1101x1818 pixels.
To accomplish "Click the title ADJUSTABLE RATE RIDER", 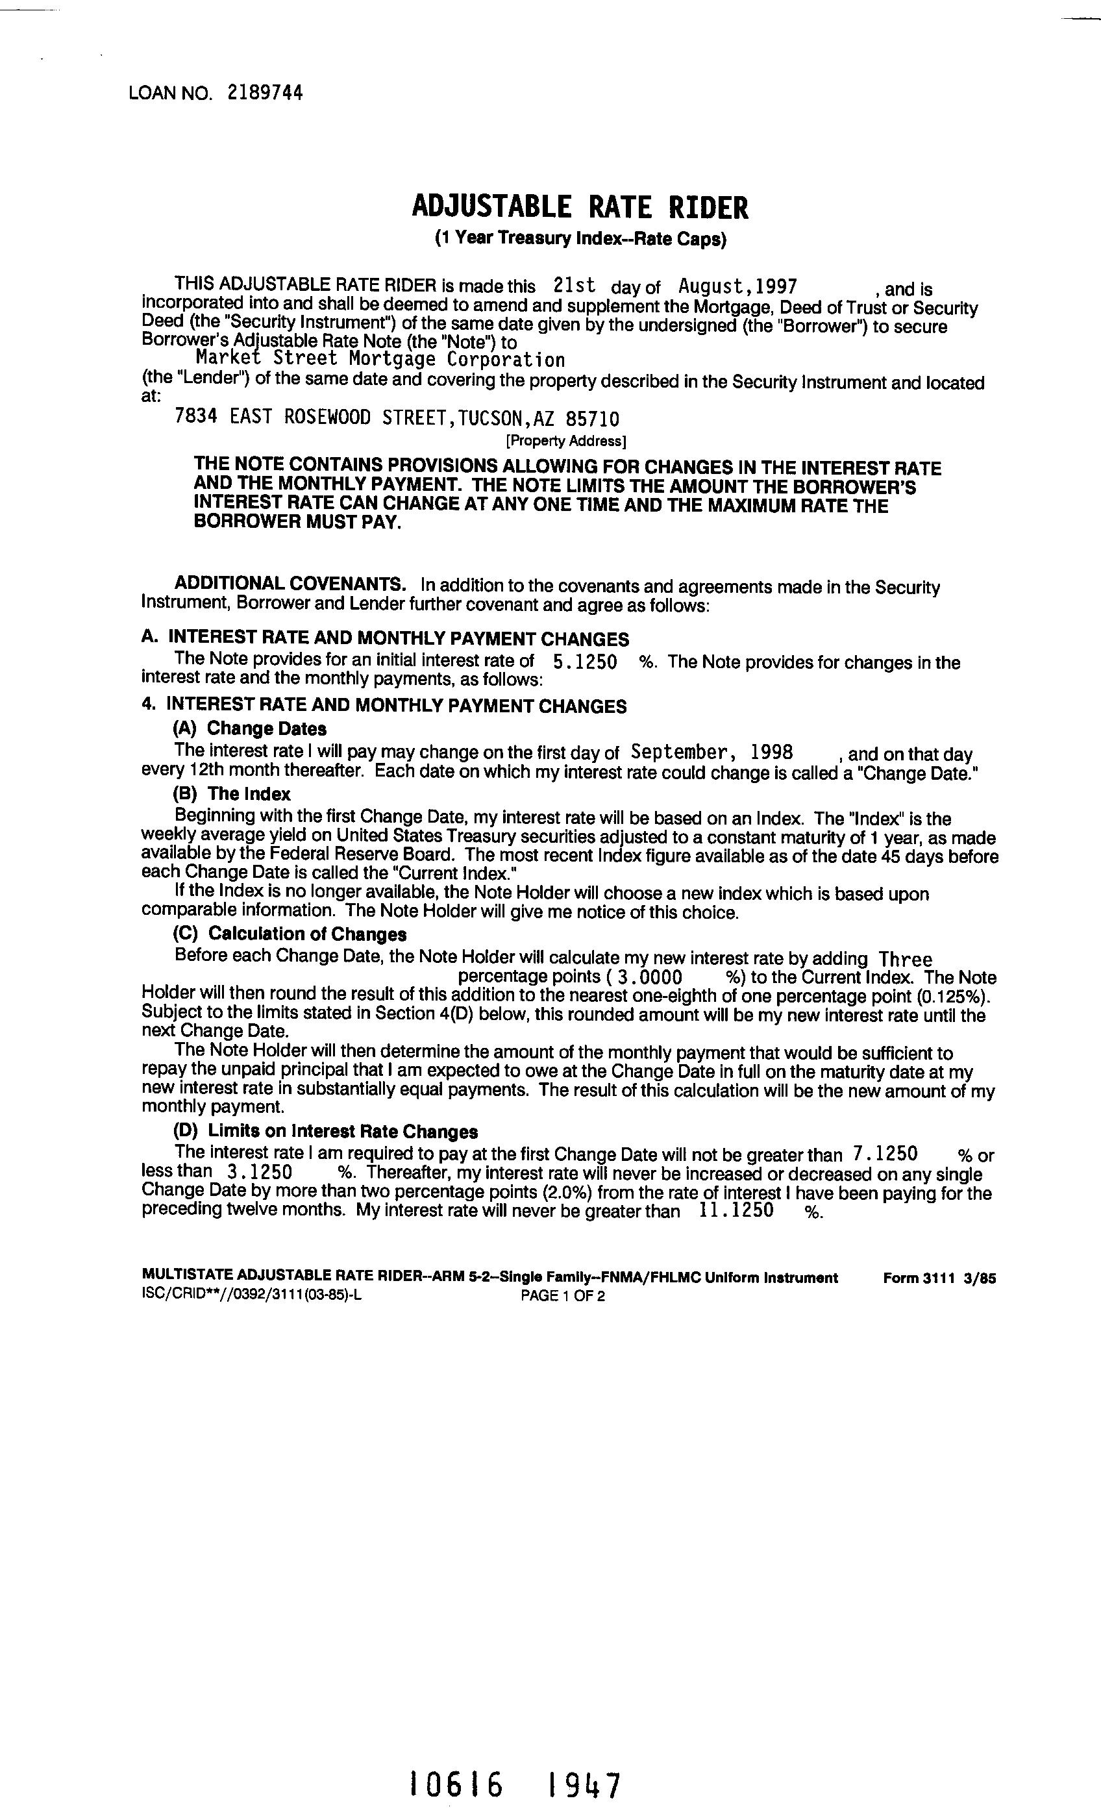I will [x=580, y=207].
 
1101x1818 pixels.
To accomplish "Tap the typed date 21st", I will [x=574, y=286].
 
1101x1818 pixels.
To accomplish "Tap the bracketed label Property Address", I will [x=566, y=442].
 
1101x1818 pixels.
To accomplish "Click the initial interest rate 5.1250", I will [x=584, y=662].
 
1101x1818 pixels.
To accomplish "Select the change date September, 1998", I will [x=712, y=753].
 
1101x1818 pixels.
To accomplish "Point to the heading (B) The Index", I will [x=232, y=795].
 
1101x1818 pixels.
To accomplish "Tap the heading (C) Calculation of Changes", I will [x=290, y=934].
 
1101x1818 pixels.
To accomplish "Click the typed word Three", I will [x=906, y=960].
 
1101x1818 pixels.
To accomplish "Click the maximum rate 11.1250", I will [x=735, y=1211].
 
